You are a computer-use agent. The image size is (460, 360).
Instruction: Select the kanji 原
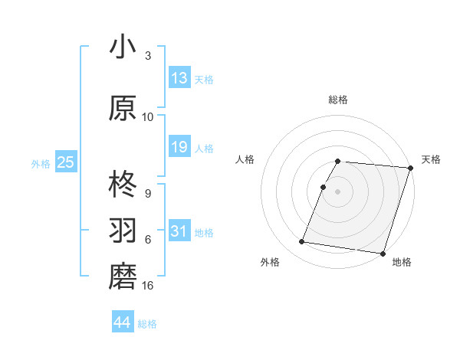(x=123, y=108)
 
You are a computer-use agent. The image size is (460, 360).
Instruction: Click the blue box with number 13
(x=179, y=78)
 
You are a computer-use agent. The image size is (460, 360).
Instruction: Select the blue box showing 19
(x=179, y=147)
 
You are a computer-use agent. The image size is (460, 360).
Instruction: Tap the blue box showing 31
(x=179, y=231)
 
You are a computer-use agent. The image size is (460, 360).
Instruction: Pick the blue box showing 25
(x=65, y=162)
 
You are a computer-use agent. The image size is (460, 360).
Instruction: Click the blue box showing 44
(x=123, y=322)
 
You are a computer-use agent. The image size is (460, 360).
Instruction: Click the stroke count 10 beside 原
(x=147, y=116)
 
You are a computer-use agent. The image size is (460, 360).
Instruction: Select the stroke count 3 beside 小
(x=148, y=55)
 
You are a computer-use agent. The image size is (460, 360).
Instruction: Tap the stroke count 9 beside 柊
(x=148, y=193)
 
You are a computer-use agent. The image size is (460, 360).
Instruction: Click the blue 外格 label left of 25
(x=41, y=163)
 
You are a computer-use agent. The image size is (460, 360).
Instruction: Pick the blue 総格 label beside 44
(x=147, y=324)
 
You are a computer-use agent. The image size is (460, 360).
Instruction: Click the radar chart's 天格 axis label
(x=431, y=159)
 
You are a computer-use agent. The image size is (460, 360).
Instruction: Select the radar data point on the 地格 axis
(x=382, y=253)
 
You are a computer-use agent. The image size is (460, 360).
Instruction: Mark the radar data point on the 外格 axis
(x=302, y=242)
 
